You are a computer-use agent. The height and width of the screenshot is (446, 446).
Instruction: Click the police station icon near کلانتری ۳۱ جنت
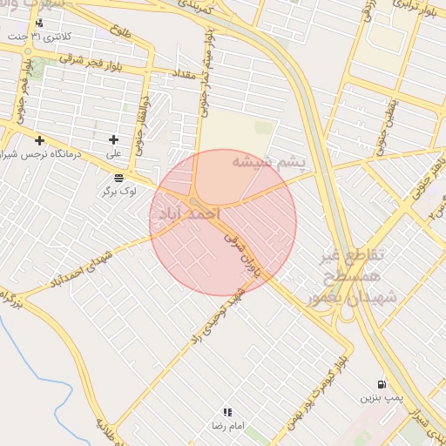39,24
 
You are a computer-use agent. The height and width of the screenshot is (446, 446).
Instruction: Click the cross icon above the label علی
113,139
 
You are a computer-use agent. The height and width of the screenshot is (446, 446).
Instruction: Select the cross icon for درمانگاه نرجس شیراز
38,139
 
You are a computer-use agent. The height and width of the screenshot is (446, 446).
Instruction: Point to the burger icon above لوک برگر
118,178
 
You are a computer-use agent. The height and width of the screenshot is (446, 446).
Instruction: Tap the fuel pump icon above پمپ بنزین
382,384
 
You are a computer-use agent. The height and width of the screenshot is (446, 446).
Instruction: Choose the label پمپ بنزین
382,397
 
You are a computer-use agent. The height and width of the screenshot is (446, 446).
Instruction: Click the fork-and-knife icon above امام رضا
227,412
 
